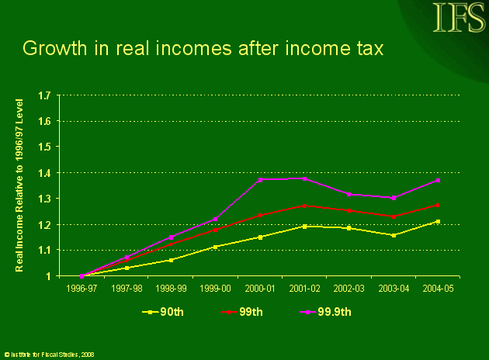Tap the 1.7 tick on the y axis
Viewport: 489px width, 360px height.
tap(45, 95)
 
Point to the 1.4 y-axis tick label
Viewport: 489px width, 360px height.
tap(45, 172)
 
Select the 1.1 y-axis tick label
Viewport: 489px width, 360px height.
tap(45, 250)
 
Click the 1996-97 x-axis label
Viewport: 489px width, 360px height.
tap(81, 286)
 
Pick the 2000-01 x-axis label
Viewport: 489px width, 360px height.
tap(260, 286)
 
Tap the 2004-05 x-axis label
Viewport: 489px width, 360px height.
tap(439, 286)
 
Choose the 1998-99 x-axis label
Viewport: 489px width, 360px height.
tap(171, 286)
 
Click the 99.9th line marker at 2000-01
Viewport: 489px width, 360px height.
tap(260, 179)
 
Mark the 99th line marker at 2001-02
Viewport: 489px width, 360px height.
tap(304, 206)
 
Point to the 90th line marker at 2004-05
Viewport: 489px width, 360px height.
tap(439, 222)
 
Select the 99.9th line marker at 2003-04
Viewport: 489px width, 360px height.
tap(394, 198)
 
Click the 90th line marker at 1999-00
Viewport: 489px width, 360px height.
tap(215, 247)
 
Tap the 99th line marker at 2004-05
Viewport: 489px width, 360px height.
tap(439, 205)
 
